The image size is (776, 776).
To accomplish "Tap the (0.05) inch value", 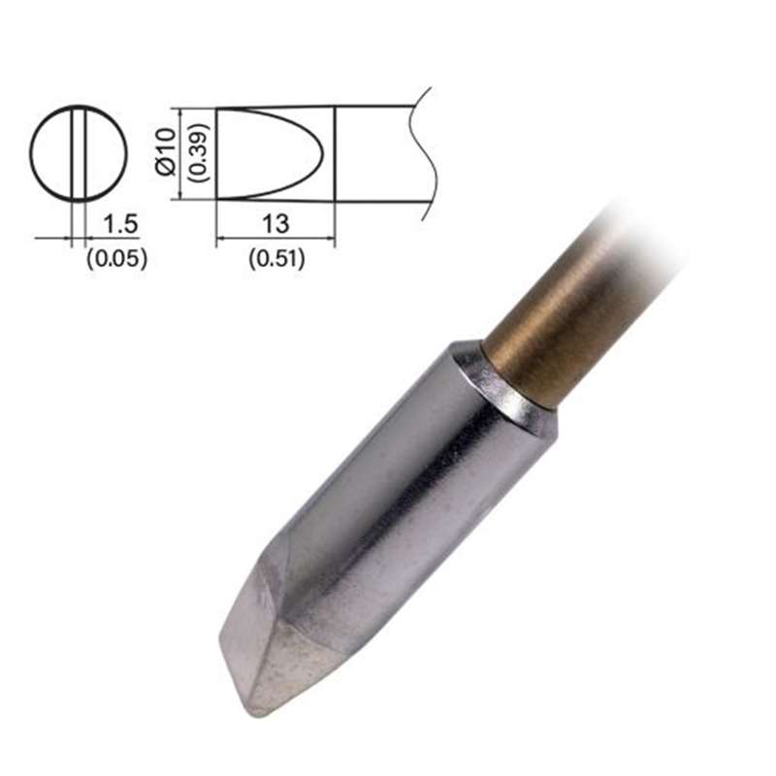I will pyautogui.click(x=116, y=258).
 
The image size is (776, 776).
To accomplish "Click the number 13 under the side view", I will pyautogui.click(x=275, y=225).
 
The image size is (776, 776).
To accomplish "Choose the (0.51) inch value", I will pyautogui.click(x=276, y=259).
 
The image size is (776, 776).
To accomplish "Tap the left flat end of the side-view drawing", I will pyautogui.click(x=215, y=153).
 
